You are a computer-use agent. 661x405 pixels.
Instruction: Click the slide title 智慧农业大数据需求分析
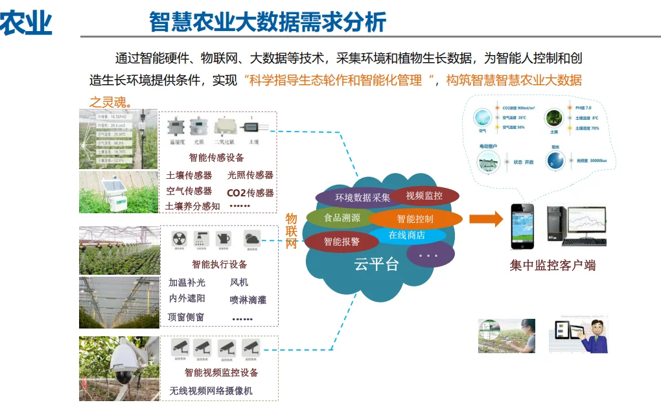pyautogui.click(x=267, y=22)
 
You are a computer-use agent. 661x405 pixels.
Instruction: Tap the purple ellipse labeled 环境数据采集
pyautogui.click(x=354, y=198)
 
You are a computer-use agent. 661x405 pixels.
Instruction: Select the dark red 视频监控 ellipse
pyautogui.click(x=424, y=195)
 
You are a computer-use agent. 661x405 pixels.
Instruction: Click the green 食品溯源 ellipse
pyautogui.click(x=342, y=218)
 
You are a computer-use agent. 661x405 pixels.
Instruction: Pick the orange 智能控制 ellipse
pyautogui.click(x=415, y=219)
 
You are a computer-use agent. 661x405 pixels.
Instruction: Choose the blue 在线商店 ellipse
pyautogui.click(x=406, y=235)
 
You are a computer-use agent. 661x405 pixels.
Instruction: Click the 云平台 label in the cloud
pyautogui.click(x=376, y=264)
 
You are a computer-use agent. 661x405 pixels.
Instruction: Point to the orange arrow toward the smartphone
pyautogui.click(x=485, y=219)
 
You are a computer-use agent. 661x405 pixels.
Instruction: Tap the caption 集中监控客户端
pyautogui.click(x=552, y=265)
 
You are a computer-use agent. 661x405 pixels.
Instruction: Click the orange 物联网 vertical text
pyautogui.click(x=292, y=231)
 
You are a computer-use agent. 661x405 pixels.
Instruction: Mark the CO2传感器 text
pyautogui.click(x=250, y=192)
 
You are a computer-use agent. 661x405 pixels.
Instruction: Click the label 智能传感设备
pyautogui.click(x=216, y=157)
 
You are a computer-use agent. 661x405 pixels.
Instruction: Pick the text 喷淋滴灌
pyautogui.click(x=248, y=300)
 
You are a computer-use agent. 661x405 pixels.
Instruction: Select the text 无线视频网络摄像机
pyautogui.click(x=211, y=391)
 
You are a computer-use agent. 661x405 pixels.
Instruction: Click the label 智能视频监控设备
pyautogui.click(x=221, y=373)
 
